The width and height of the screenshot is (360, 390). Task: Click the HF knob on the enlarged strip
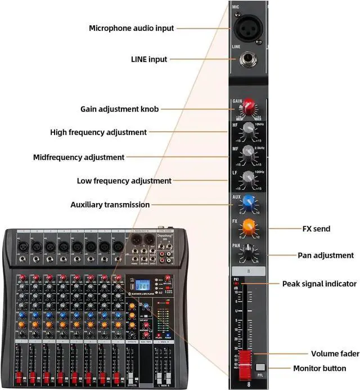pyautogui.click(x=248, y=129)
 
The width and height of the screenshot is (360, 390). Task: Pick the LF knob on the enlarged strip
pyautogui.click(x=248, y=179)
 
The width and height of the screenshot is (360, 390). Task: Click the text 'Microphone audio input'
pyautogui.click(x=132, y=28)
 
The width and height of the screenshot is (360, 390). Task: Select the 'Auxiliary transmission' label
pyautogui.click(x=110, y=205)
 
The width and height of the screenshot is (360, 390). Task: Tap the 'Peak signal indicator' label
pyautogui.click(x=319, y=284)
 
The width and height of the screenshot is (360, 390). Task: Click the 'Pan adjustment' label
pyautogui.click(x=326, y=255)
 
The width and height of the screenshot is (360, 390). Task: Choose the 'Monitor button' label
pyautogui.click(x=319, y=369)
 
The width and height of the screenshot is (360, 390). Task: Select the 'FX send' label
pyautogui.click(x=316, y=229)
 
